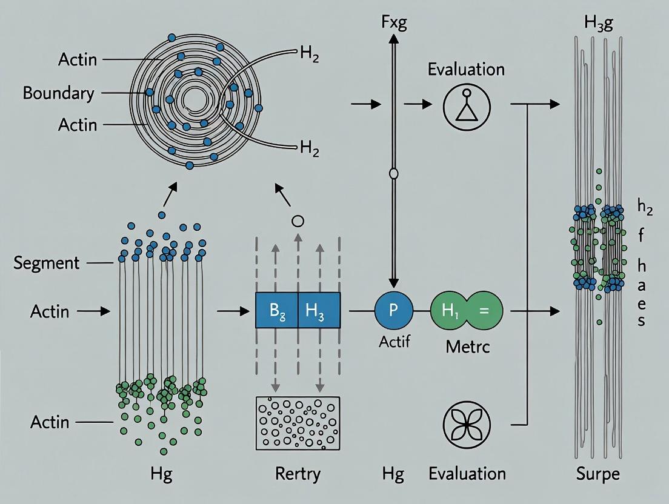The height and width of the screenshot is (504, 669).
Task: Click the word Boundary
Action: (58, 93)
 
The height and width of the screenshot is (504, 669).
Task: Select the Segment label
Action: (46, 263)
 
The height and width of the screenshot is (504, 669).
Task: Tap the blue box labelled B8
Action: (276, 310)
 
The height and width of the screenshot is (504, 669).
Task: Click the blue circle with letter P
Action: (393, 310)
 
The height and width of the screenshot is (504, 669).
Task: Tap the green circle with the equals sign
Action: (483, 310)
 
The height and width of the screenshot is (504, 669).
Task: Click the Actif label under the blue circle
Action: (394, 342)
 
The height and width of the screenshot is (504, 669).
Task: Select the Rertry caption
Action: (298, 474)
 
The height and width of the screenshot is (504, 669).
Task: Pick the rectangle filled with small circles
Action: (298, 422)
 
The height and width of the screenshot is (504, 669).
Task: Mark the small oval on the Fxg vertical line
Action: (393, 174)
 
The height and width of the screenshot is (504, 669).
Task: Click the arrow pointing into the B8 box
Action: (233, 311)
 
